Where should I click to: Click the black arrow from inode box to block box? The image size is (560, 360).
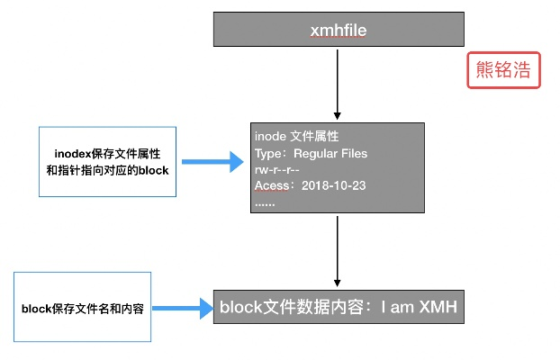(337, 252)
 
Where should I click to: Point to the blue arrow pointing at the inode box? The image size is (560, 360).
(212, 163)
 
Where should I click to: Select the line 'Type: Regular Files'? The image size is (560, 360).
(311, 154)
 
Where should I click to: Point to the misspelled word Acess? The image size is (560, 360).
(272, 186)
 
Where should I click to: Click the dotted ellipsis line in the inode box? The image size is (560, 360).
(265, 202)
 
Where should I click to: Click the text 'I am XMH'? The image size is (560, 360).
(420, 308)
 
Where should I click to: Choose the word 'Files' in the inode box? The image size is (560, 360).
(353, 154)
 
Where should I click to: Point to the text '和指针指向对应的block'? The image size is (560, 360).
(107, 170)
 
